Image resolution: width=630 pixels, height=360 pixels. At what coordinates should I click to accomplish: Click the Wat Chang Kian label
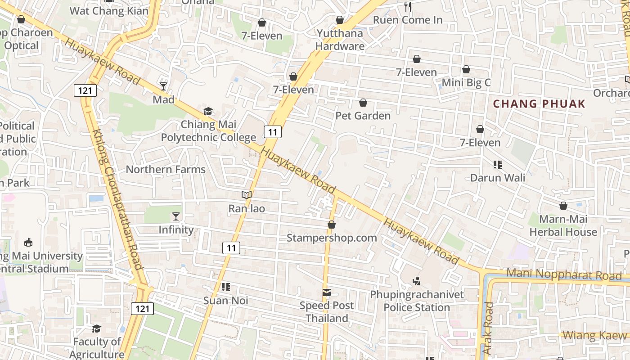(109, 11)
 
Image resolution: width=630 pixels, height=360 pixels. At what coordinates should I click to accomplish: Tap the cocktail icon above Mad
(163, 86)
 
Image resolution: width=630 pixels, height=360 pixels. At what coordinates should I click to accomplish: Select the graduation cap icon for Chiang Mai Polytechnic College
(208, 111)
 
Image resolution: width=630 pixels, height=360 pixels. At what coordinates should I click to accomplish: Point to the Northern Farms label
(166, 170)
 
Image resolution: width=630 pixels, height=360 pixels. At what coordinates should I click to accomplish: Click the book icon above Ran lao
(246, 195)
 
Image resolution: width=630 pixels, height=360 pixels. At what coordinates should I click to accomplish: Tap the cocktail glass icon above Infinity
(176, 216)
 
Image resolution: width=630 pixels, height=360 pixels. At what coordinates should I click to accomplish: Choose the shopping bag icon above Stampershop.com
(332, 224)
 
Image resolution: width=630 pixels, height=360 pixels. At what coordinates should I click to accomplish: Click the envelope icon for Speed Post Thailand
(327, 292)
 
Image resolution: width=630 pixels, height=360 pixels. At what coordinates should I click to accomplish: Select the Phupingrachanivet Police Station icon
(417, 282)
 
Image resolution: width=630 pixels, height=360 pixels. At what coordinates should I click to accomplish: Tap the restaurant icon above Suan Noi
(226, 287)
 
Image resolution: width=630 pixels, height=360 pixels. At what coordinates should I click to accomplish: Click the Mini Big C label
(466, 83)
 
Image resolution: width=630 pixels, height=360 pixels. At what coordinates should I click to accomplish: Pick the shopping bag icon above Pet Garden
(363, 103)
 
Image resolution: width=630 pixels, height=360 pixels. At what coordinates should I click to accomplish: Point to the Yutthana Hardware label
(340, 40)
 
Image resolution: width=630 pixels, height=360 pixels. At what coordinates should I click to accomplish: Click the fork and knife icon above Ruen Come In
(408, 6)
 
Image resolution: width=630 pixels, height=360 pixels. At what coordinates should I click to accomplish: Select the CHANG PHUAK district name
(539, 104)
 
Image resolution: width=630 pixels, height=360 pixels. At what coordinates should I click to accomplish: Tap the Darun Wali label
(498, 178)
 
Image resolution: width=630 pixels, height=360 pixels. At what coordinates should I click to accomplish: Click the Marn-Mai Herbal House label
(563, 226)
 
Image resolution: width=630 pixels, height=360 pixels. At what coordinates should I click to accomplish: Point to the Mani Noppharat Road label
(564, 274)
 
